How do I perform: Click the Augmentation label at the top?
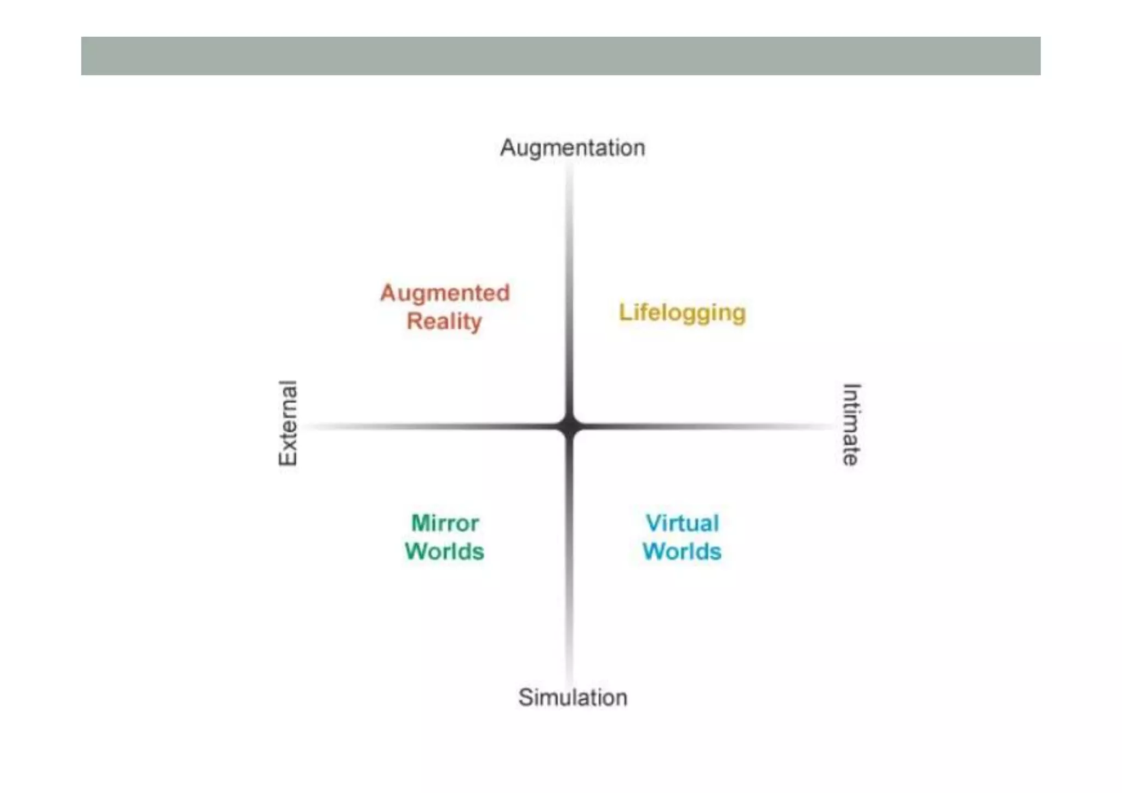tap(573, 148)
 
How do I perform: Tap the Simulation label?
tap(573, 698)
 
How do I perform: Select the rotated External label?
tap(288, 423)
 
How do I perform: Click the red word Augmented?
tap(445, 293)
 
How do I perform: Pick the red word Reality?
tap(444, 322)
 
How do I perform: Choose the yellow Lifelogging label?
tap(682, 313)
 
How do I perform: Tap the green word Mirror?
tap(445, 523)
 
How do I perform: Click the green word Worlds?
tap(444, 552)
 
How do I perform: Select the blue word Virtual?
tap(682, 523)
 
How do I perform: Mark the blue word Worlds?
tap(682, 552)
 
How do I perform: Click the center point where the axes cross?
tap(570, 426)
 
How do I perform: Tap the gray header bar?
tap(560, 56)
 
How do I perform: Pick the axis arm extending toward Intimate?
tap(707, 426)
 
